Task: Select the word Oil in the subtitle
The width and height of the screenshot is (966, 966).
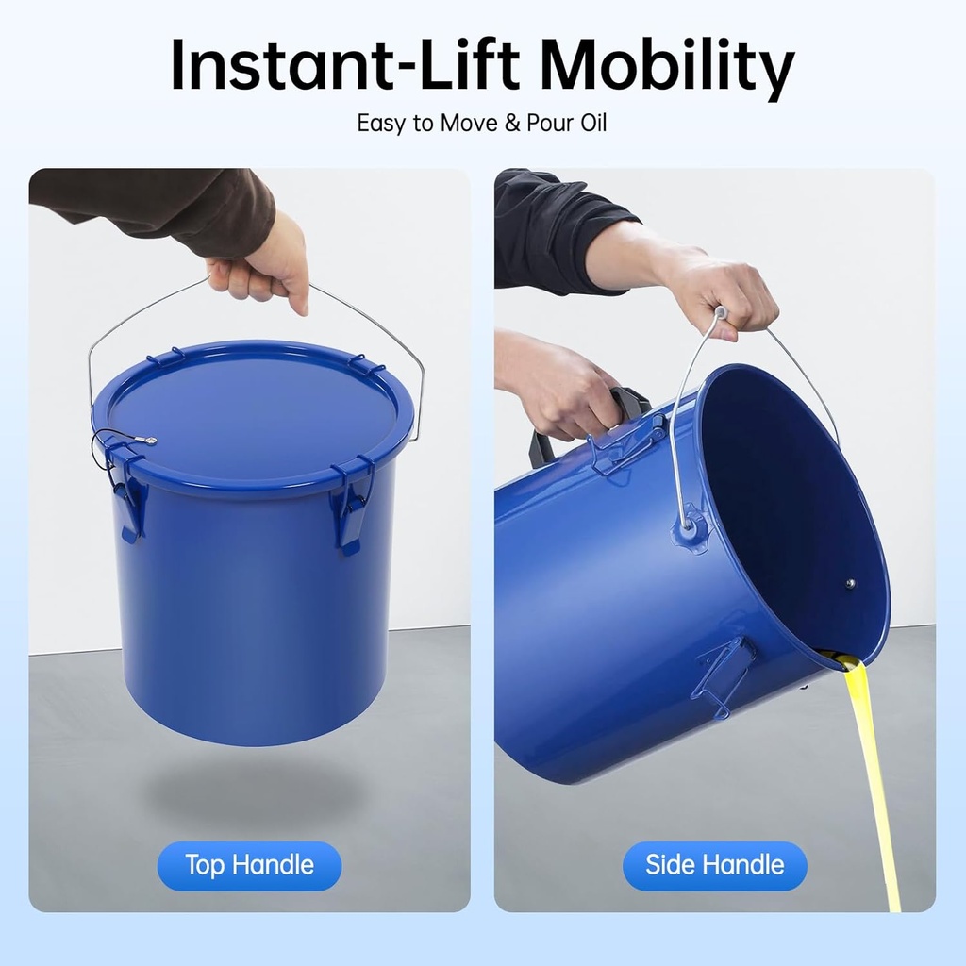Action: coord(591,124)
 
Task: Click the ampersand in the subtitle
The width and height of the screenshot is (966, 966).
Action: coord(512,124)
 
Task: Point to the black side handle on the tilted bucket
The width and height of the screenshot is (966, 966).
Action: coord(585,425)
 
